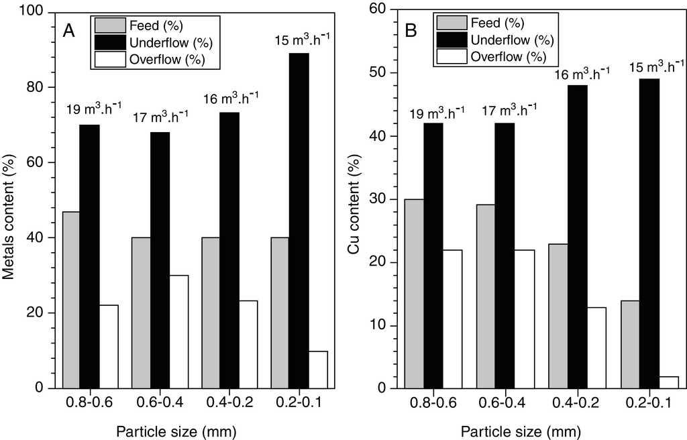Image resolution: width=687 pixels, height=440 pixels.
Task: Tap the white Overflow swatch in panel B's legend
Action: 450,56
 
